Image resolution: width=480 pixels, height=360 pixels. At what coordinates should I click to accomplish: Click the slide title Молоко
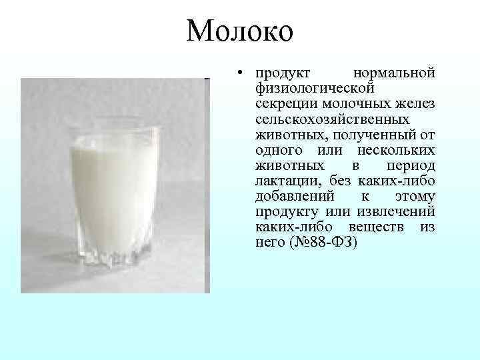click(x=240, y=31)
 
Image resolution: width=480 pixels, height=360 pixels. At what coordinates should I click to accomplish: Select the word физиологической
click(x=315, y=88)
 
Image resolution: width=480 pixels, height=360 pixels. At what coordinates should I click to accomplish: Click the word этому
click(x=415, y=197)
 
